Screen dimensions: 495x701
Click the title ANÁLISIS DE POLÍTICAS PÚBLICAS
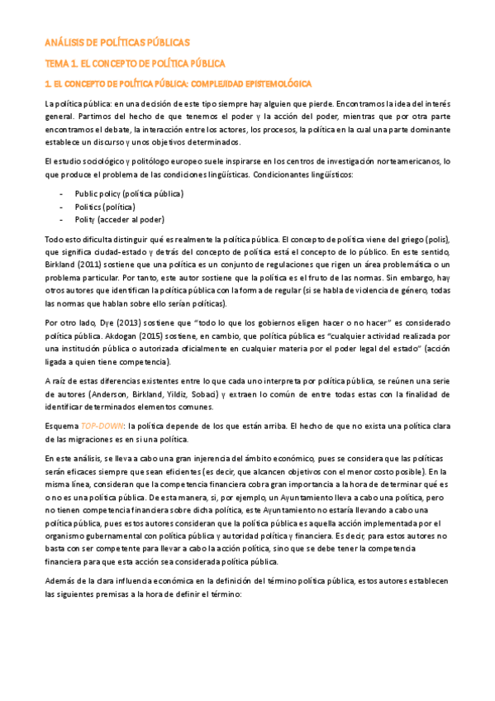click(117, 41)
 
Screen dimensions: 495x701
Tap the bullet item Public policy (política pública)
click(129, 193)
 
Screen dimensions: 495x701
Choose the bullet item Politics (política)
click(105, 206)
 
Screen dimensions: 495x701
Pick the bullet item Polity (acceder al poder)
click(119, 219)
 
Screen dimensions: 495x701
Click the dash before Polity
click(62, 219)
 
